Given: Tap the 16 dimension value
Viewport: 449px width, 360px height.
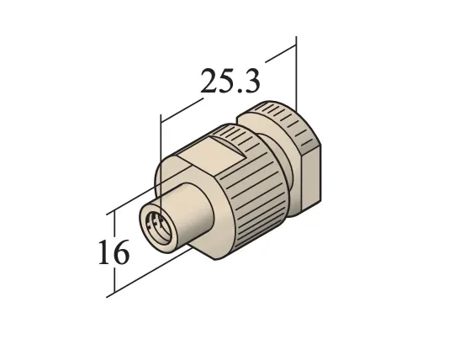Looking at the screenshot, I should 112,251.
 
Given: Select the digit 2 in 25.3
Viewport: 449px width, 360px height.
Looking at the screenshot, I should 210,82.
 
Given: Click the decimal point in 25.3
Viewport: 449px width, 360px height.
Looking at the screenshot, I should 239,91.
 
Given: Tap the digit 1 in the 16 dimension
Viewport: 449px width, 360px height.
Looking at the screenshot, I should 102,251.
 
